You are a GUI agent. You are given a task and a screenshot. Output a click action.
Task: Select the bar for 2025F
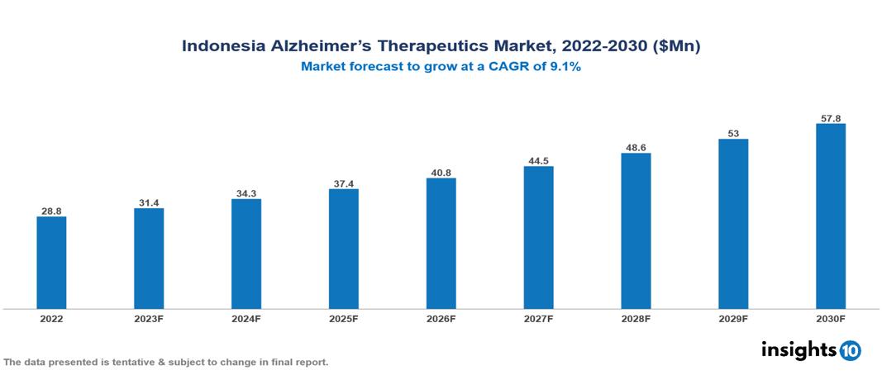point(343,249)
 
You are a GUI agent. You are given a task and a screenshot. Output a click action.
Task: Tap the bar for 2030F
point(830,216)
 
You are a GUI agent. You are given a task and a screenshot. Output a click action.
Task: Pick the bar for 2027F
point(538,237)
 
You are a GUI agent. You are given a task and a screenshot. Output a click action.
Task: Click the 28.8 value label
point(51,211)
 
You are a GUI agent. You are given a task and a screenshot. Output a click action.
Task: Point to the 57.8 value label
point(830,118)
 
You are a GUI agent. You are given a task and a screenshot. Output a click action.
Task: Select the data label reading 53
point(732,133)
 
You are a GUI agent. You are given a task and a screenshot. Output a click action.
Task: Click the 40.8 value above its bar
point(441,173)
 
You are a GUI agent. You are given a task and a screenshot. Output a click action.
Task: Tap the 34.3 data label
point(246,193)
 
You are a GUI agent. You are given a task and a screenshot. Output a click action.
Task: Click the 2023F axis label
point(149,319)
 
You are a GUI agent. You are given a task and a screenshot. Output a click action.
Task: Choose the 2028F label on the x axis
point(636,319)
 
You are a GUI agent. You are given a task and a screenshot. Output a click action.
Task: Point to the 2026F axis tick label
point(441,319)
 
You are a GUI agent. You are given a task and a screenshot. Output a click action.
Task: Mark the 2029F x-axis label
point(732,319)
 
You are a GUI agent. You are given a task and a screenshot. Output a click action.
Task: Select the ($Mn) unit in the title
point(675,47)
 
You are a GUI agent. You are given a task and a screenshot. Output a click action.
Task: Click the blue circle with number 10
point(850,350)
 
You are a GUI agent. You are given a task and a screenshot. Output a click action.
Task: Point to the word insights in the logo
point(799,349)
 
